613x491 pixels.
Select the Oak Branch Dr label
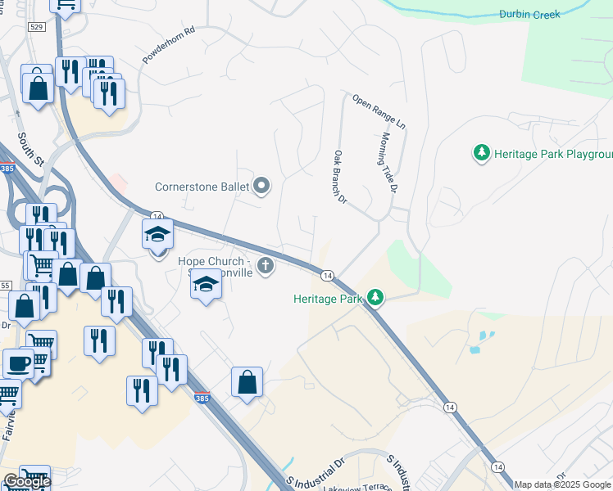pos(341,177)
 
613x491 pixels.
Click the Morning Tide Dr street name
pos(388,162)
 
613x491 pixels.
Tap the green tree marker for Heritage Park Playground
pos(482,153)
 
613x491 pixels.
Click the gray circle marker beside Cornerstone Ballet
pos(262,187)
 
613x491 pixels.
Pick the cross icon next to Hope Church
pos(265,265)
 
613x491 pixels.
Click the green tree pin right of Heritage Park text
pos(375,297)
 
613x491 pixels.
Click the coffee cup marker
pos(18,363)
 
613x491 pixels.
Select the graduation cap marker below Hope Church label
pos(207,286)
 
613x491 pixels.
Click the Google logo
pos(26,482)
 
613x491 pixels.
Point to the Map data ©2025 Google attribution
pos(563,485)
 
